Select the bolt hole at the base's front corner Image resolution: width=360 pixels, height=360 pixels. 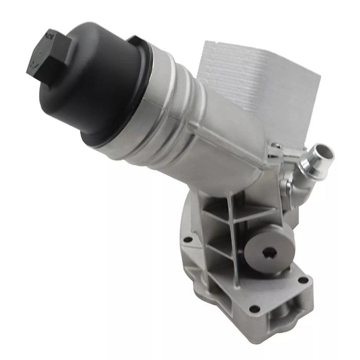255,309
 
